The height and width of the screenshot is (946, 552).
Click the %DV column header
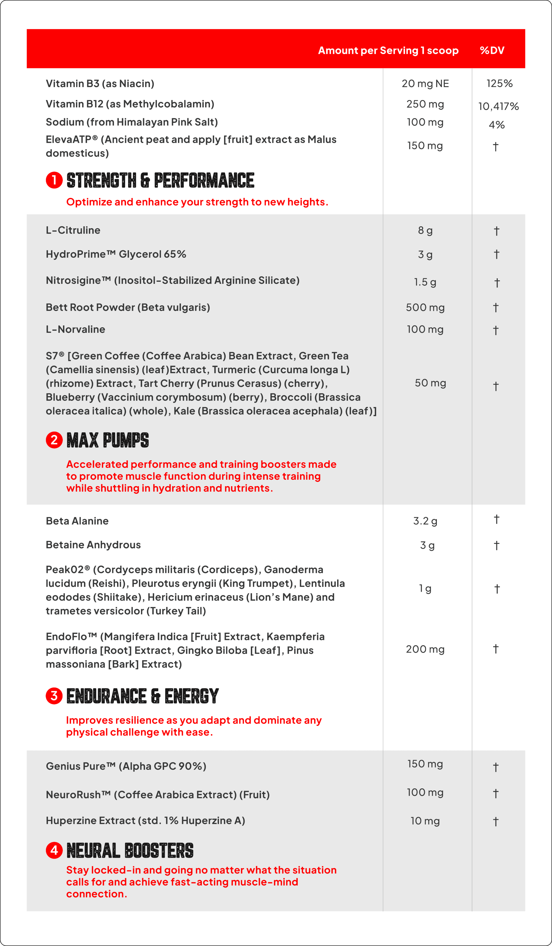(x=492, y=50)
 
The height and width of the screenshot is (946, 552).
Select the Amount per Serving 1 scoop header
(x=388, y=50)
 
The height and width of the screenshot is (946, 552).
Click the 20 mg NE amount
(x=425, y=83)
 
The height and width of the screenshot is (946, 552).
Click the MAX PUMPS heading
(x=108, y=440)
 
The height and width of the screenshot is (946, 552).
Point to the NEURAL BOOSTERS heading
(x=130, y=851)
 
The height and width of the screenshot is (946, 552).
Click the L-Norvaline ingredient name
(x=75, y=329)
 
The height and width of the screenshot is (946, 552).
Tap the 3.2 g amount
(x=425, y=521)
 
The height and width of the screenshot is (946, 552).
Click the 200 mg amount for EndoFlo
(x=425, y=649)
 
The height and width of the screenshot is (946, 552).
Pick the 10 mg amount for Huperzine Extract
(x=425, y=821)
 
